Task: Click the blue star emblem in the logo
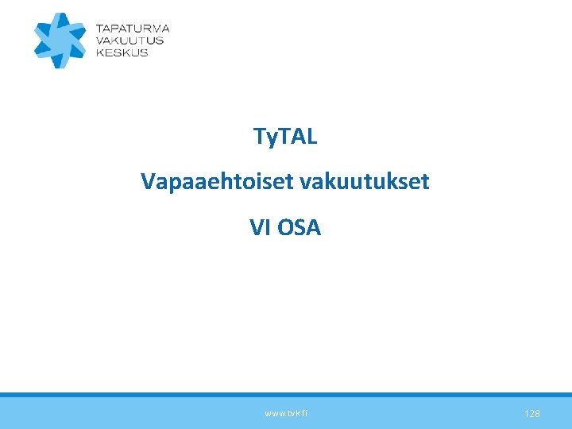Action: [x=60, y=41]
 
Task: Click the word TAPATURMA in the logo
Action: [x=132, y=28]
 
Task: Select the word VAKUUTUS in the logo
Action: [x=129, y=40]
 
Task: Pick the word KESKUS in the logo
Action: [x=122, y=52]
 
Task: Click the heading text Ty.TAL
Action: [x=285, y=137]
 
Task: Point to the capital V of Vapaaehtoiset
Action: [x=148, y=182]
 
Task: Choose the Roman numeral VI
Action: [x=260, y=228]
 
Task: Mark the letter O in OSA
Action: [x=284, y=228]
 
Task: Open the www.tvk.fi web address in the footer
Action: [x=286, y=414]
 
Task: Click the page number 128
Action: [x=532, y=414]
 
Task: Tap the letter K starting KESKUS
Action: [x=99, y=52]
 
